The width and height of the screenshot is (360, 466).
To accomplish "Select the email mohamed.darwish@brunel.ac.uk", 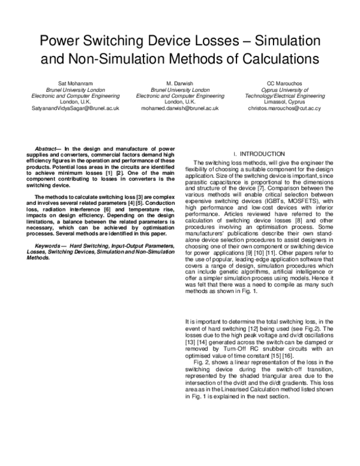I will (x=180, y=109).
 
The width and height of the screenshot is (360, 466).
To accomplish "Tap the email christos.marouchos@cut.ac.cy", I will (x=284, y=109).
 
